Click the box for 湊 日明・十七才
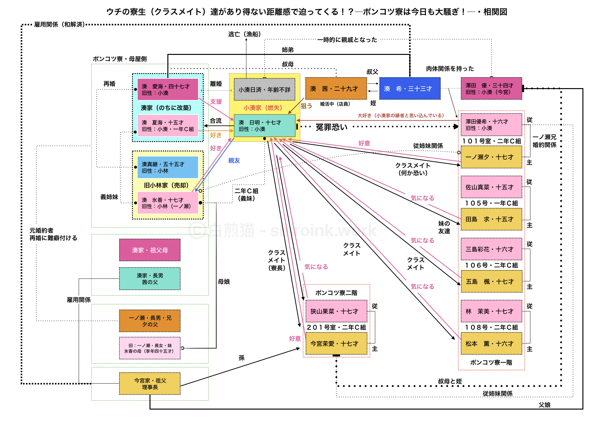264,125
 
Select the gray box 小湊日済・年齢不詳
264,90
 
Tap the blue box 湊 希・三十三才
410,89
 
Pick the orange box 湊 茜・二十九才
336,89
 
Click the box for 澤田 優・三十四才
491,89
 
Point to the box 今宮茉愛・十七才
336,344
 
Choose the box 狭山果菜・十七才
336,311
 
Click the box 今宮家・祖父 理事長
150,384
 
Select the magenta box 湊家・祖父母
150,250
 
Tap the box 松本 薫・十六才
491,344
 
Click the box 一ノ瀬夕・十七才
491,157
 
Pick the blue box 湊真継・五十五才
167,167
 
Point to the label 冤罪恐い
331,127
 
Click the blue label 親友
234,161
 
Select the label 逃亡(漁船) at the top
245,34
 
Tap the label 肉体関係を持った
450,69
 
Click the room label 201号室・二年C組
336,327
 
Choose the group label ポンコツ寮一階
491,363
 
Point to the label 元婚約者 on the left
41,231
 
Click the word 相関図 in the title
495,12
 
